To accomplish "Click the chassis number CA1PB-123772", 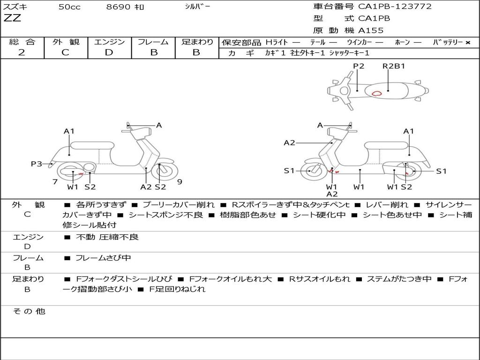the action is click(x=395, y=7).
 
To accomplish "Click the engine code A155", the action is click(x=371, y=30).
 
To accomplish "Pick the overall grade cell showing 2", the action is click(x=22, y=52).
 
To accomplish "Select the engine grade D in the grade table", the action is click(x=109, y=52).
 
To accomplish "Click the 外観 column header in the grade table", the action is click(x=66, y=42).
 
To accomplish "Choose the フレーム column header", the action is click(x=153, y=42).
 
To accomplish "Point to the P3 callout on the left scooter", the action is click(x=37, y=164).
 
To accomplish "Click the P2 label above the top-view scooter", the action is click(x=359, y=66).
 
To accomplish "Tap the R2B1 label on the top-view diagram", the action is click(x=393, y=66).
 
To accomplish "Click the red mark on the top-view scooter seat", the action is click(x=376, y=93).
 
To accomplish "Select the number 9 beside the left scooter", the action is click(x=180, y=182).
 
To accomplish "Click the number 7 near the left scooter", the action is click(x=55, y=182).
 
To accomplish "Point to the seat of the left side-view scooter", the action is click(x=92, y=145).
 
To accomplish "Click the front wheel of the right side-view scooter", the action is click(x=311, y=171).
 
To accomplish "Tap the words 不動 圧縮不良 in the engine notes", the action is click(x=107, y=237).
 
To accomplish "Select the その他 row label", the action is click(x=29, y=311).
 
